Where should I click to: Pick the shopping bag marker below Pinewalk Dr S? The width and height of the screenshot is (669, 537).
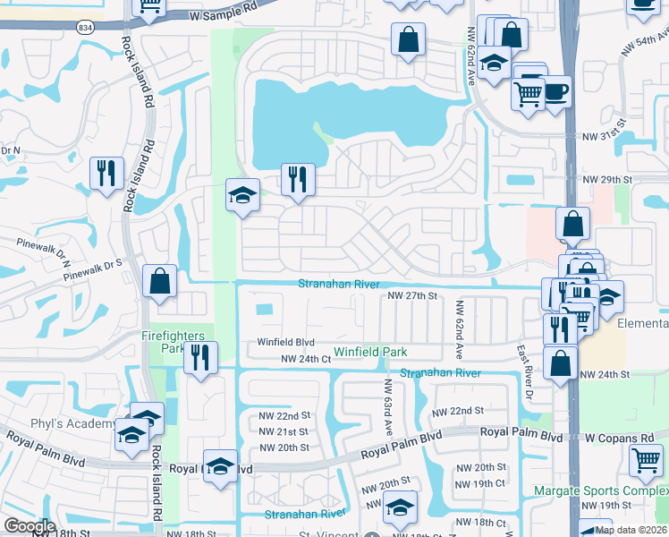(159, 281)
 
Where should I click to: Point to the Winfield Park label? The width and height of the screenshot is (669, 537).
(370, 352)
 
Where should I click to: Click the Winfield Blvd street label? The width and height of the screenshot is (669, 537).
(286, 341)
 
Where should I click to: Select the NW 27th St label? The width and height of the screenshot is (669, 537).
(411, 295)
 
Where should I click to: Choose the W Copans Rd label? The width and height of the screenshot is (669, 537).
(619, 439)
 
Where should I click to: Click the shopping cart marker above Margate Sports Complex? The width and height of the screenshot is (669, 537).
(646, 460)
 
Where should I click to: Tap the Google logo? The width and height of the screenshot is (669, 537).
(30, 526)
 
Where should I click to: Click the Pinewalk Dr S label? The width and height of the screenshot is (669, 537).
(92, 268)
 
